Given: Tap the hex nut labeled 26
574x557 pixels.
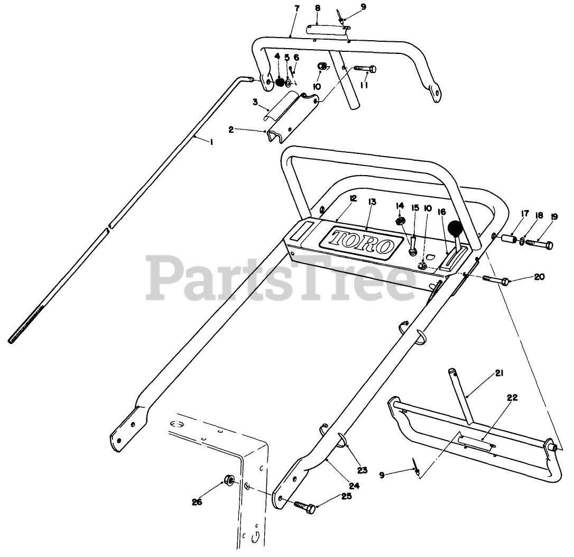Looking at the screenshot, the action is pyautogui.click(x=229, y=480).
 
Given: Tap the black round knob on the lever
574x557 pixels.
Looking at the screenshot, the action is pyautogui.click(x=455, y=229).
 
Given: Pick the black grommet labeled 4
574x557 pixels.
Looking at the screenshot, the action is pyautogui.click(x=280, y=82).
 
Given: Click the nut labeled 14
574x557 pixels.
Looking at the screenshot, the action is pyautogui.click(x=400, y=220).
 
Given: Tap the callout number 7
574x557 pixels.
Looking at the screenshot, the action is pyautogui.click(x=296, y=9).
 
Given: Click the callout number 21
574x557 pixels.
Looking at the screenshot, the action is pyautogui.click(x=499, y=373).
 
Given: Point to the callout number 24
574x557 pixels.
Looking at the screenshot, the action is pyautogui.click(x=354, y=485).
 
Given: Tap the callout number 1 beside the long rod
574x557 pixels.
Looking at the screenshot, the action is pyautogui.click(x=212, y=142).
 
